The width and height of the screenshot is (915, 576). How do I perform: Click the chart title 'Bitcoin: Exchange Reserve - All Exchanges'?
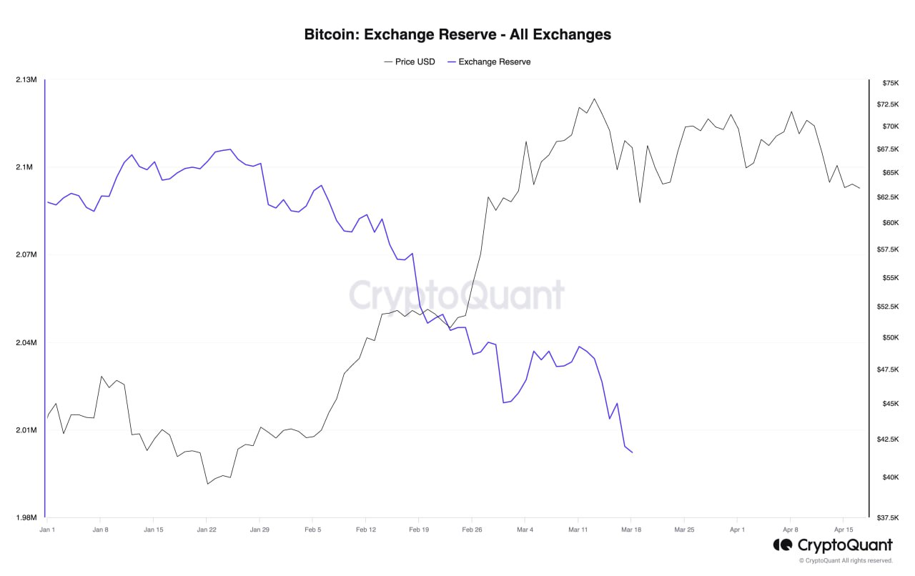tap(457, 34)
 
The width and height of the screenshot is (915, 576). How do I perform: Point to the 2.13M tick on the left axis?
tap(26, 79)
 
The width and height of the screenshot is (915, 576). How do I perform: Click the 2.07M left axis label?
tap(26, 255)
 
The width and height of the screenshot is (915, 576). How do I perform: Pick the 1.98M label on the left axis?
tap(26, 517)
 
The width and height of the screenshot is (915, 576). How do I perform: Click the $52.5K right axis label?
tap(889, 307)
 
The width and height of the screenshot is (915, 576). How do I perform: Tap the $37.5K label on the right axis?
tap(889, 517)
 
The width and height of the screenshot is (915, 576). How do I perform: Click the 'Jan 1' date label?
tap(47, 530)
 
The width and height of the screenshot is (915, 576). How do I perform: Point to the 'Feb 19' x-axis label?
tap(418, 530)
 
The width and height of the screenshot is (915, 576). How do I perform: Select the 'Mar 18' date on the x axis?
tap(631, 530)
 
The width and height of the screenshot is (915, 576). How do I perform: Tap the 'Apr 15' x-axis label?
tap(844, 530)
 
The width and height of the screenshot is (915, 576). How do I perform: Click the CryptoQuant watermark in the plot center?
tap(457, 295)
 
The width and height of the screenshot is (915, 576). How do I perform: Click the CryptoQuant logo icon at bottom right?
tap(782, 545)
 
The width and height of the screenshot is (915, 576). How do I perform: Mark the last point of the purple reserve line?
tap(632, 452)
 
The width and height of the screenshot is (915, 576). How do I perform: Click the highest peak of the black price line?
tap(594, 99)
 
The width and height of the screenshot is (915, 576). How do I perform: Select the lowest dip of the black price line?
tap(207, 484)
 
